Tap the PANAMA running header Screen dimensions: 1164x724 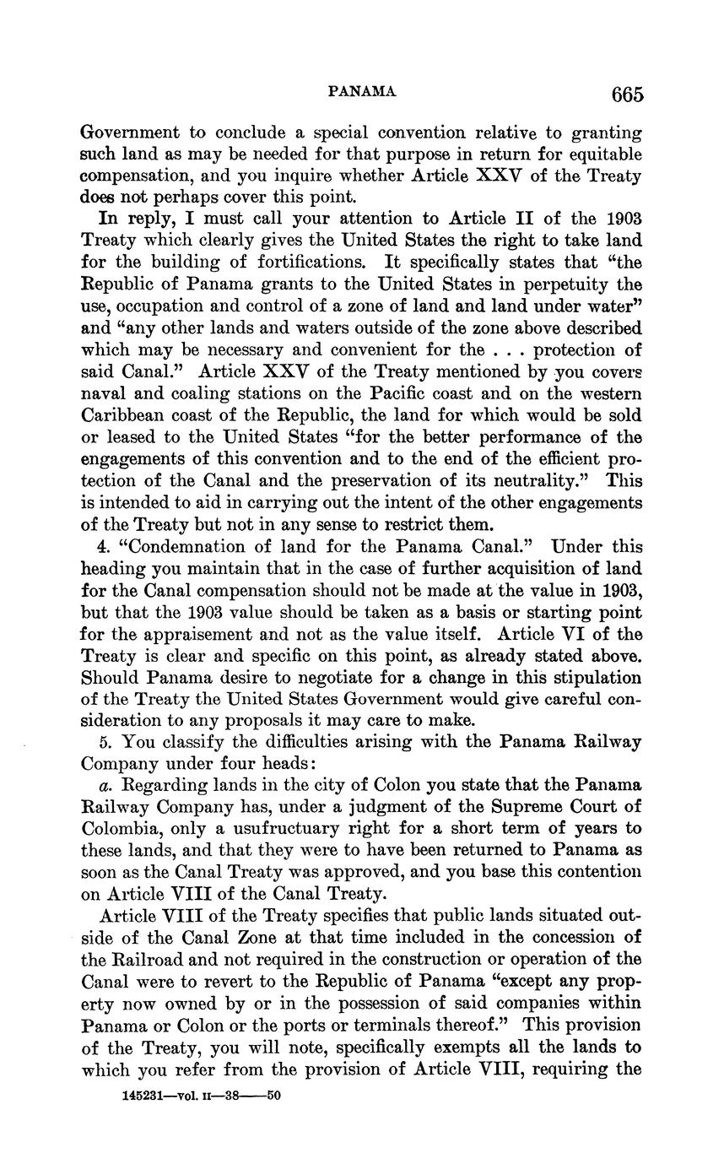[361, 92]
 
